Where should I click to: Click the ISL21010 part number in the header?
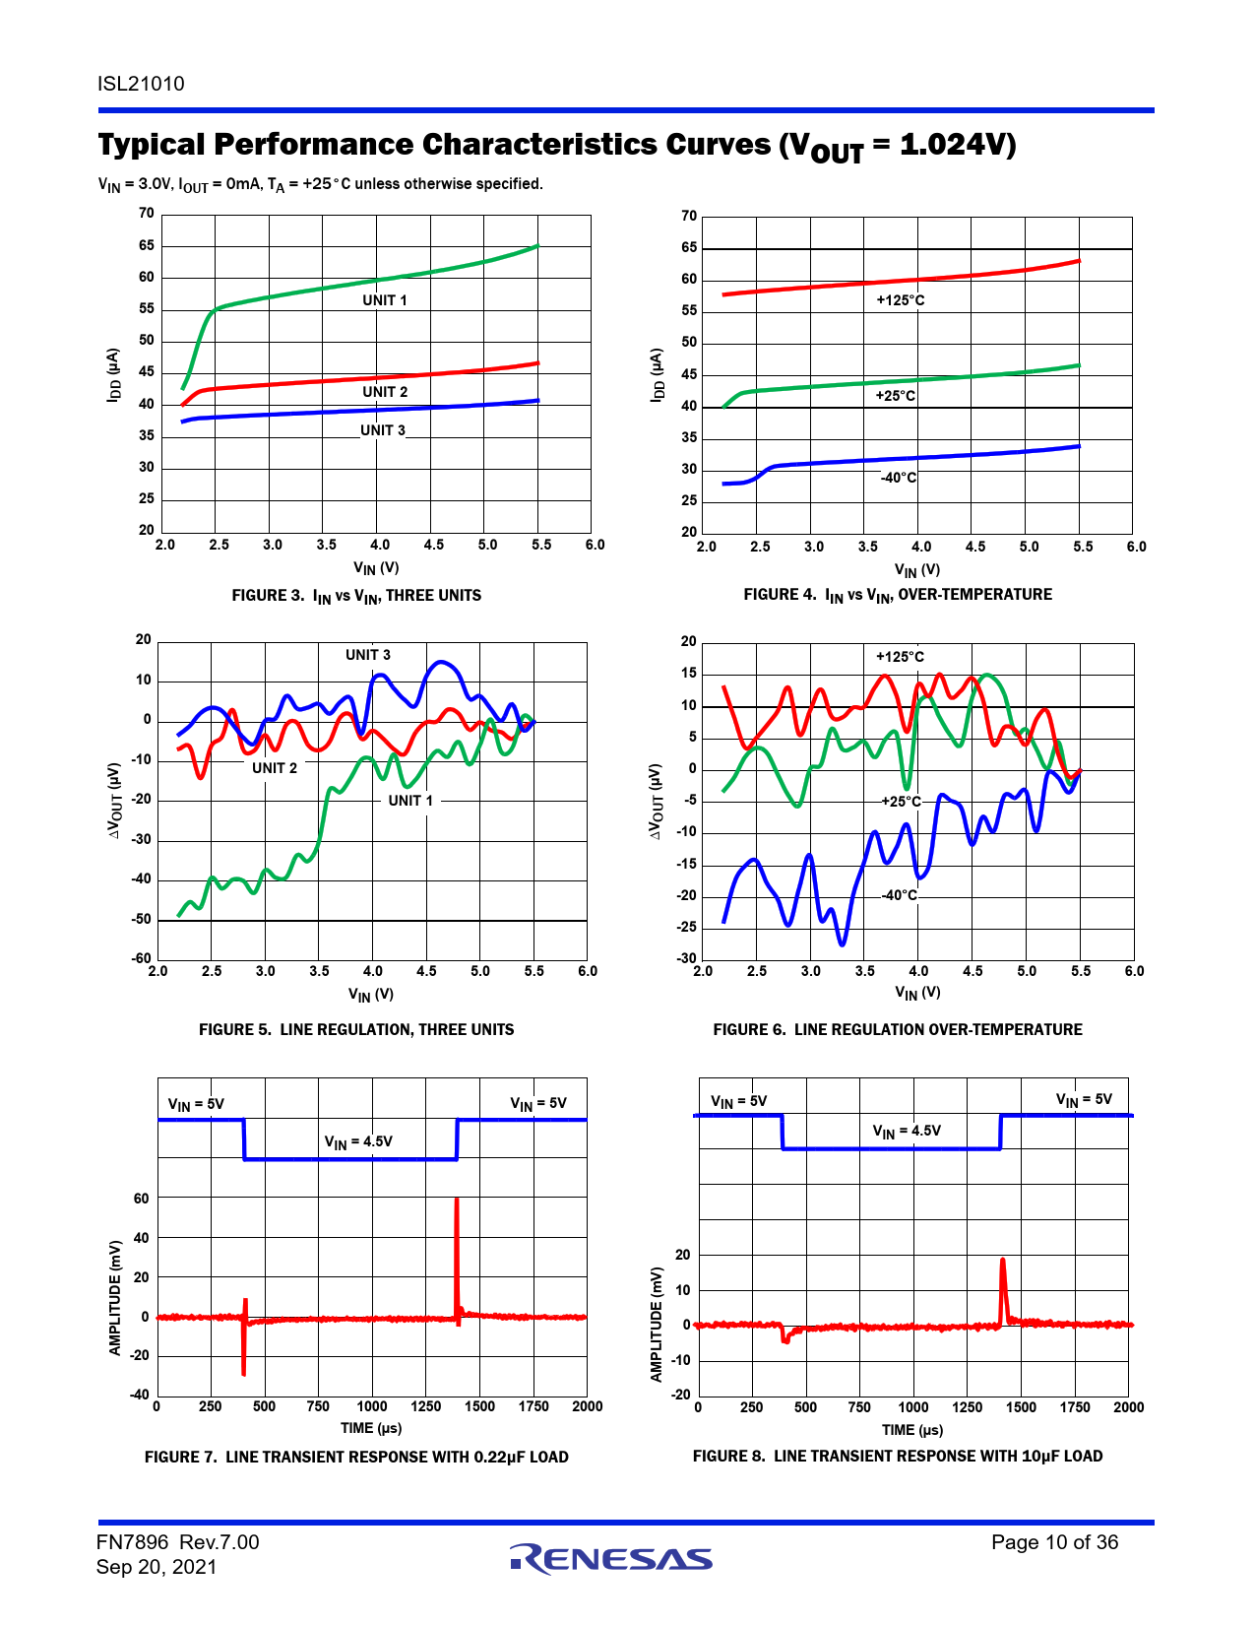pos(141,84)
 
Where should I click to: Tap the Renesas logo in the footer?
pos(611,1558)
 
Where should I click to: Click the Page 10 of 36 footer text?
pos(1054,1542)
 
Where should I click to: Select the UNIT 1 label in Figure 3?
pos(384,300)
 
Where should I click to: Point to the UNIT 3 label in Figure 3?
pos(382,430)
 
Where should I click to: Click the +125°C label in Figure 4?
pos(900,300)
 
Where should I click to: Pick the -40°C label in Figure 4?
pos(898,478)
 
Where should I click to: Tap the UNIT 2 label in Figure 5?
pos(274,768)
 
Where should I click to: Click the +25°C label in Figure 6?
pos(901,802)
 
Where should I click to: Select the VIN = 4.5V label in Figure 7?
pos(358,1142)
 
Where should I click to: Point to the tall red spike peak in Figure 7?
pos(457,1201)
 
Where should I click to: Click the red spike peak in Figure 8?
pos(1003,1261)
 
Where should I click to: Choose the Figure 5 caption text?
pos(356,1030)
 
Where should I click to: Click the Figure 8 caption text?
pos(898,1457)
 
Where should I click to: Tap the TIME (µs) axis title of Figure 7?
pos(371,1428)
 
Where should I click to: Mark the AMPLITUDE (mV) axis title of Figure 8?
pos(657,1325)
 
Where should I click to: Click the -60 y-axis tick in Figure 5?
pos(143,958)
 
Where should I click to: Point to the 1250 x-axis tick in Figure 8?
pos(967,1407)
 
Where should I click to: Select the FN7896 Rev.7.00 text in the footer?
pos(178,1542)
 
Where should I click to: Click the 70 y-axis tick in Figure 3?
pos(146,213)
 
